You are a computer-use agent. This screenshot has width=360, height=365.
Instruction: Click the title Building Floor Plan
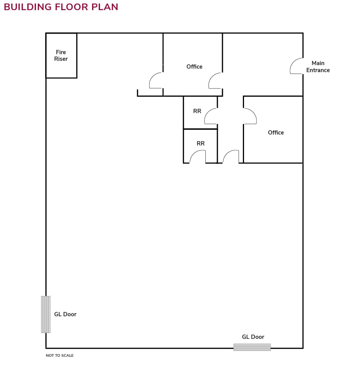(x=61, y=7)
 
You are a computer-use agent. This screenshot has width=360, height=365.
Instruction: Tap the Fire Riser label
(x=61, y=55)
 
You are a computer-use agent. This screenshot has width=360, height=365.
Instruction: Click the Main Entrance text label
(x=318, y=67)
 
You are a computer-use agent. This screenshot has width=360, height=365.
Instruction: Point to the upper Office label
(x=194, y=67)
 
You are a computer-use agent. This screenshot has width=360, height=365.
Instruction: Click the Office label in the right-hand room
(x=276, y=133)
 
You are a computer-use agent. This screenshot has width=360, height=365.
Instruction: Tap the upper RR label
(x=197, y=111)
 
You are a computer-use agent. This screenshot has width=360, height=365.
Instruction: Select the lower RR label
(x=201, y=144)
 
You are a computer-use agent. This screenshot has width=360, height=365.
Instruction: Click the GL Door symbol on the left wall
(x=46, y=314)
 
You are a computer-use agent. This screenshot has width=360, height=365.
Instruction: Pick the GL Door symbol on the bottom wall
(x=252, y=347)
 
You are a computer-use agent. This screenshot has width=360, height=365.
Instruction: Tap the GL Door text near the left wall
(x=65, y=314)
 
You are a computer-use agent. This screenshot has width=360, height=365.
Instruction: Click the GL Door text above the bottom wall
(x=253, y=337)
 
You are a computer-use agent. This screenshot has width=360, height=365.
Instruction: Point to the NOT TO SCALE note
(x=60, y=356)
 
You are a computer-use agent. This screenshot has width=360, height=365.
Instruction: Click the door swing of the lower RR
(x=198, y=157)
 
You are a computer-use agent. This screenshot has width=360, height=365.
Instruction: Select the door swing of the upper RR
(x=211, y=116)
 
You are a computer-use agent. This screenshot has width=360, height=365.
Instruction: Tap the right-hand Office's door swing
(x=250, y=116)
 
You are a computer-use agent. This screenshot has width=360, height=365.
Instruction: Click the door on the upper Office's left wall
(x=156, y=81)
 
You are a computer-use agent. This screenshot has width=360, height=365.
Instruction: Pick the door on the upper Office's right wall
(x=216, y=81)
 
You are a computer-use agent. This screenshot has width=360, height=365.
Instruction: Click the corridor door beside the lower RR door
(x=231, y=157)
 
